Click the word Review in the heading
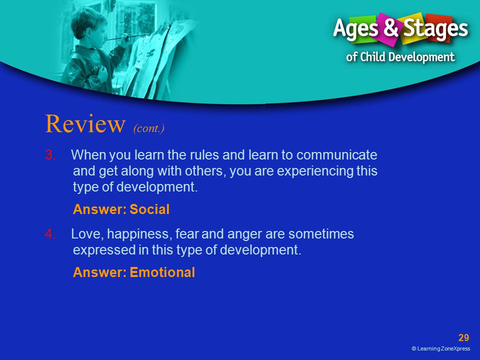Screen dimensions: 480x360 (x=85, y=123)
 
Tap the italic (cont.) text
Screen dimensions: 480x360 (x=149, y=128)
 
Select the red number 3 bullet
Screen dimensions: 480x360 (x=50, y=155)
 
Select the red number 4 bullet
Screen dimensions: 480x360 (x=50, y=234)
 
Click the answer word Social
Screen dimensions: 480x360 (x=149, y=209)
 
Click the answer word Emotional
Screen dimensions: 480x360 (x=162, y=272)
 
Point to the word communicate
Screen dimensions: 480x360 (x=336, y=155)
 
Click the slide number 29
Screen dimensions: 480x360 (x=463, y=337)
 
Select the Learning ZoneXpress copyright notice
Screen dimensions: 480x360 (x=441, y=348)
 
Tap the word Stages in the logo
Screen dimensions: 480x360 (x=435, y=29)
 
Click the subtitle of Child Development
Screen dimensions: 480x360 (x=400, y=57)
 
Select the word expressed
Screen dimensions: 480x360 (x=104, y=250)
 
